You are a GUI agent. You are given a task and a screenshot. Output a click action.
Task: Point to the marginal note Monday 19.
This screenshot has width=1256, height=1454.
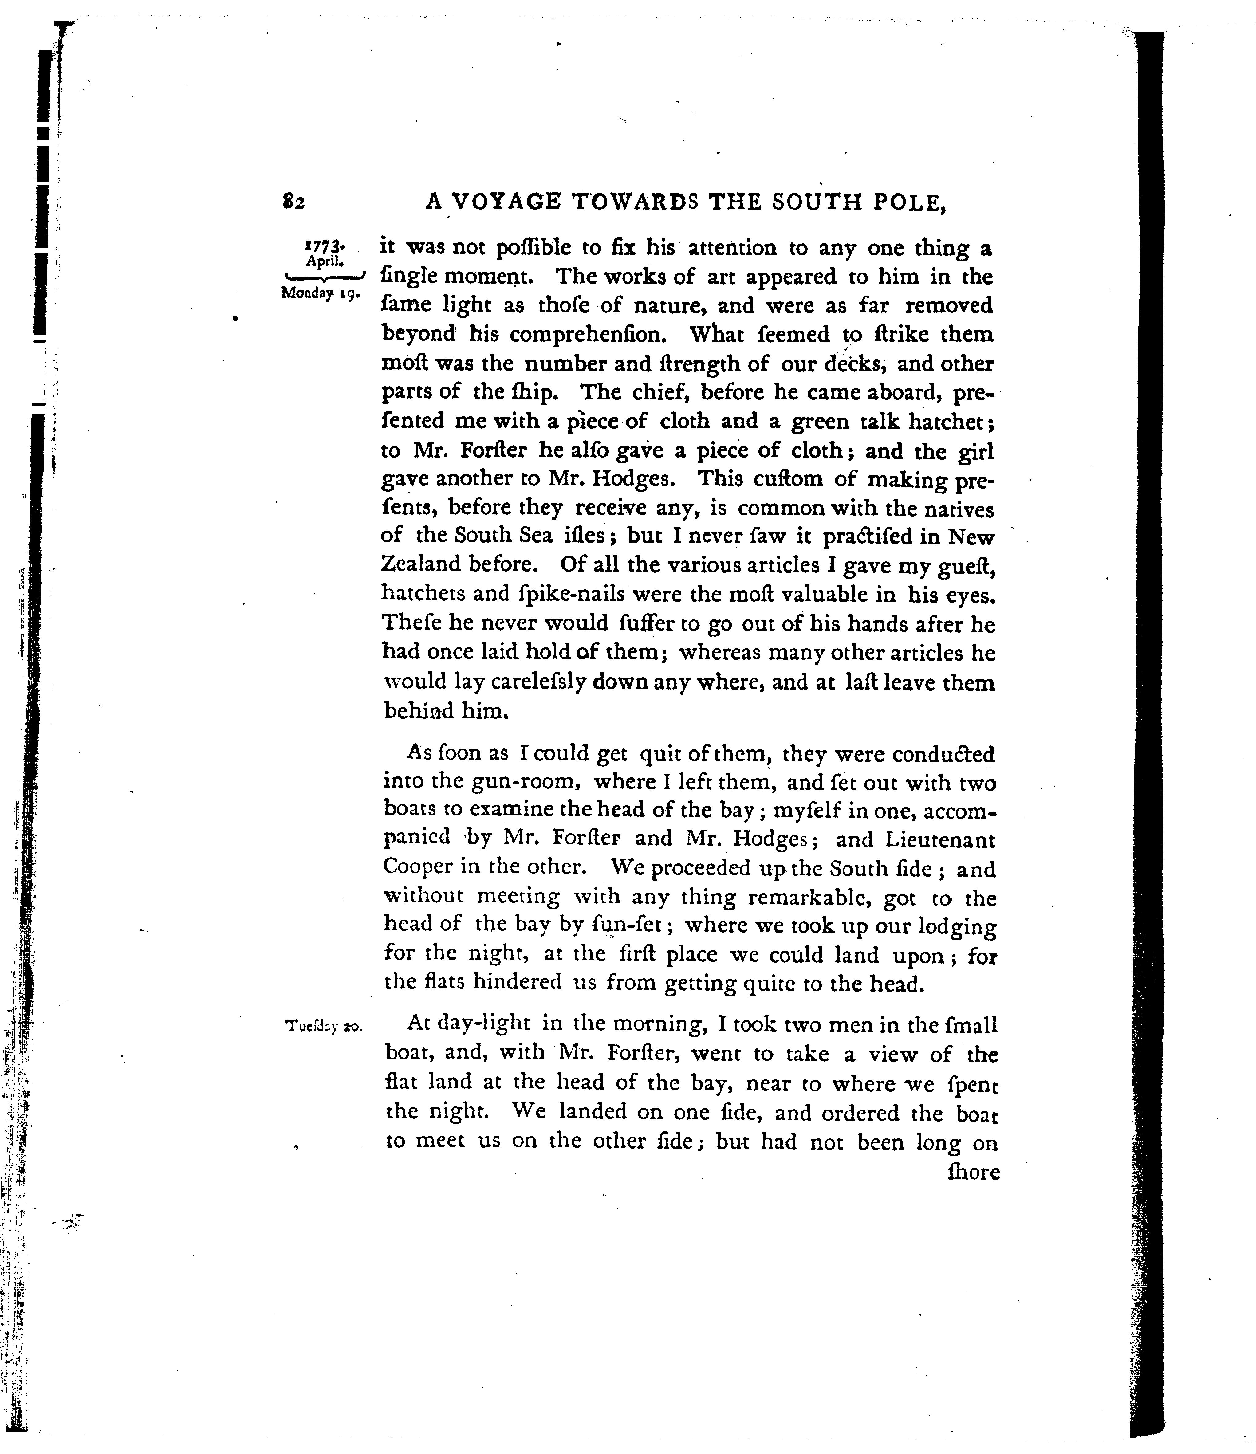320,293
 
